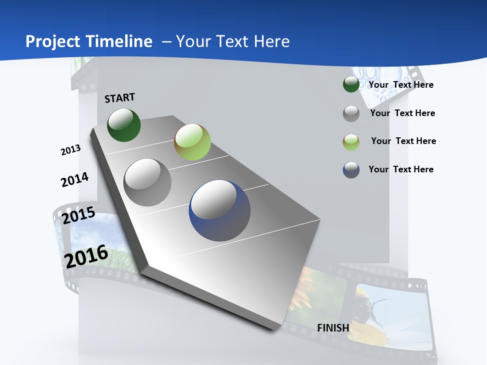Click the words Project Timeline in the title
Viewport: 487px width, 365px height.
pyautogui.click(x=89, y=41)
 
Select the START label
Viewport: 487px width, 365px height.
pyautogui.click(x=120, y=98)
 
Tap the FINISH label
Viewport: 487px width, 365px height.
pyautogui.click(x=333, y=328)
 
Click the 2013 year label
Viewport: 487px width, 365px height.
pyautogui.click(x=71, y=150)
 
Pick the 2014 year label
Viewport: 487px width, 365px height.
pyautogui.click(x=75, y=179)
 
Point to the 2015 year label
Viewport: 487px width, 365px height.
pyautogui.click(x=78, y=215)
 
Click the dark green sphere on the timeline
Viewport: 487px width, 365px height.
pyautogui.click(x=124, y=125)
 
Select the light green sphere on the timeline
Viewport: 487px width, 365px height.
pyautogui.click(x=192, y=142)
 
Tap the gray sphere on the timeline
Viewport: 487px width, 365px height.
pyautogui.click(x=148, y=182)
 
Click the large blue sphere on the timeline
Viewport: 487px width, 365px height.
pyautogui.click(x=220, y=210)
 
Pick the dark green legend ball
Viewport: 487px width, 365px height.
pyautogui.click(x=351, y=84)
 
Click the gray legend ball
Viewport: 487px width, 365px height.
pyautogui.click(x=351, y=114)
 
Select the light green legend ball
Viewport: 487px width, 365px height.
pyautogui.click(x=351, y=142)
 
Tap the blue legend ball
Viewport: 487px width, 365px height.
pyautogui.click(x=351, y=170)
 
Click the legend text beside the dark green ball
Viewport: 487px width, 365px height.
pyautogui.click(x=401, y=85)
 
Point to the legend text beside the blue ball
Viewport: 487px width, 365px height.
pyautogui.click(x=401, y=169)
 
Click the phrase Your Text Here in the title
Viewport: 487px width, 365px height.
pyautogui.click(x=233, y=41)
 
